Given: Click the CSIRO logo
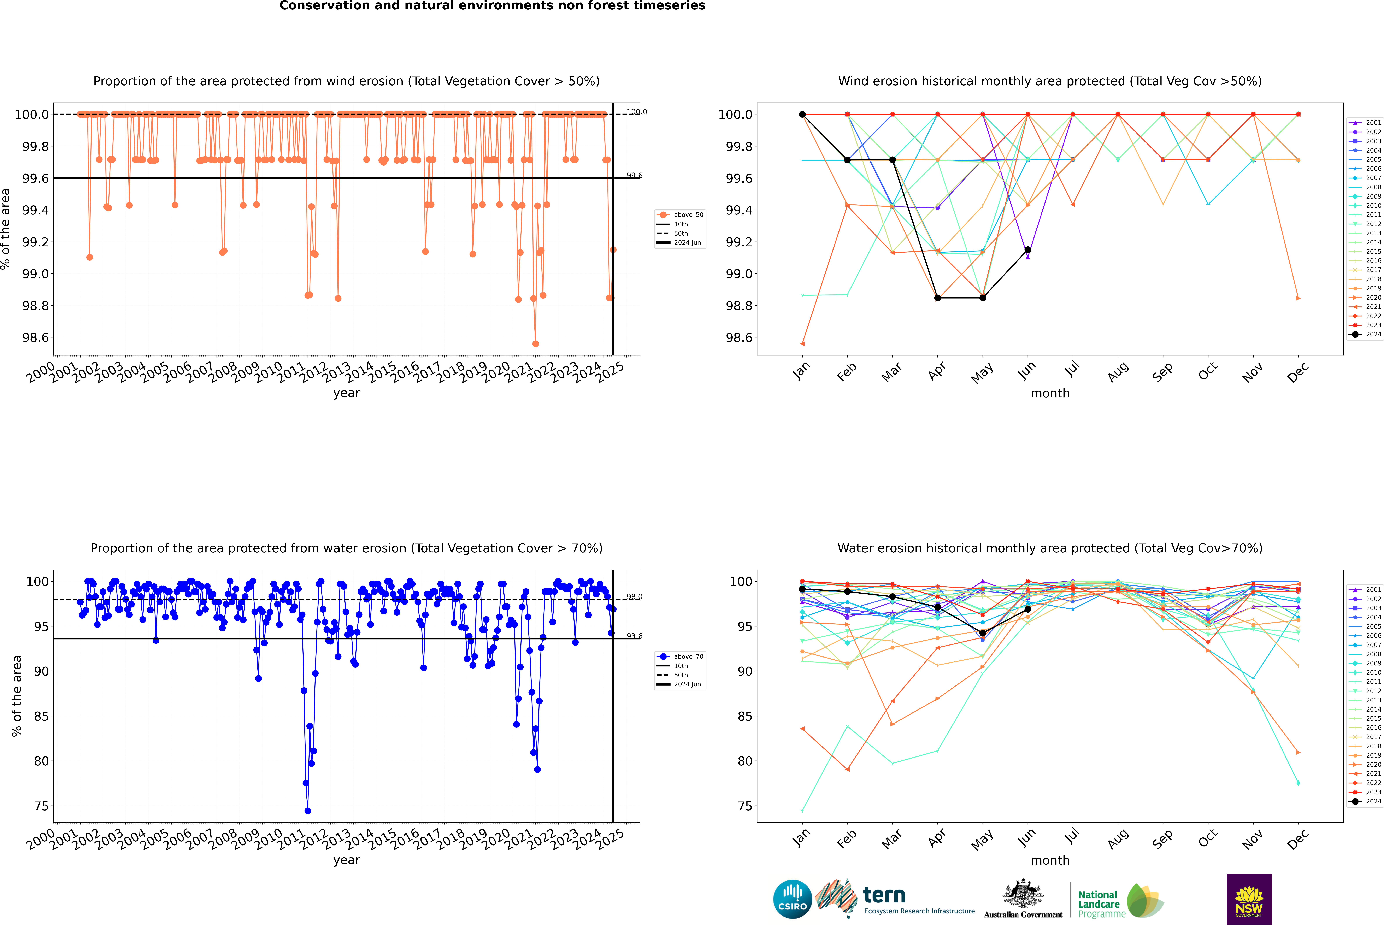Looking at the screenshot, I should tap(792, 899).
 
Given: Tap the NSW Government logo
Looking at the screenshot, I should tap(1249, 899).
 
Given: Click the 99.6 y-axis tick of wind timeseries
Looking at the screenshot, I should tap(35, 178).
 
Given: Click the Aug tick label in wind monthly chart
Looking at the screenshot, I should tap(1117, 372).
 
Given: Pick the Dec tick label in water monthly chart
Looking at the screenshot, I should tap(1297, 839).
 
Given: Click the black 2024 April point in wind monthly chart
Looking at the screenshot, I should tap(937, 298).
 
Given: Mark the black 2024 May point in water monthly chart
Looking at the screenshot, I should tap(982, 633).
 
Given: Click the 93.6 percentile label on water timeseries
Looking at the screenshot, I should tap(634, 636).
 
